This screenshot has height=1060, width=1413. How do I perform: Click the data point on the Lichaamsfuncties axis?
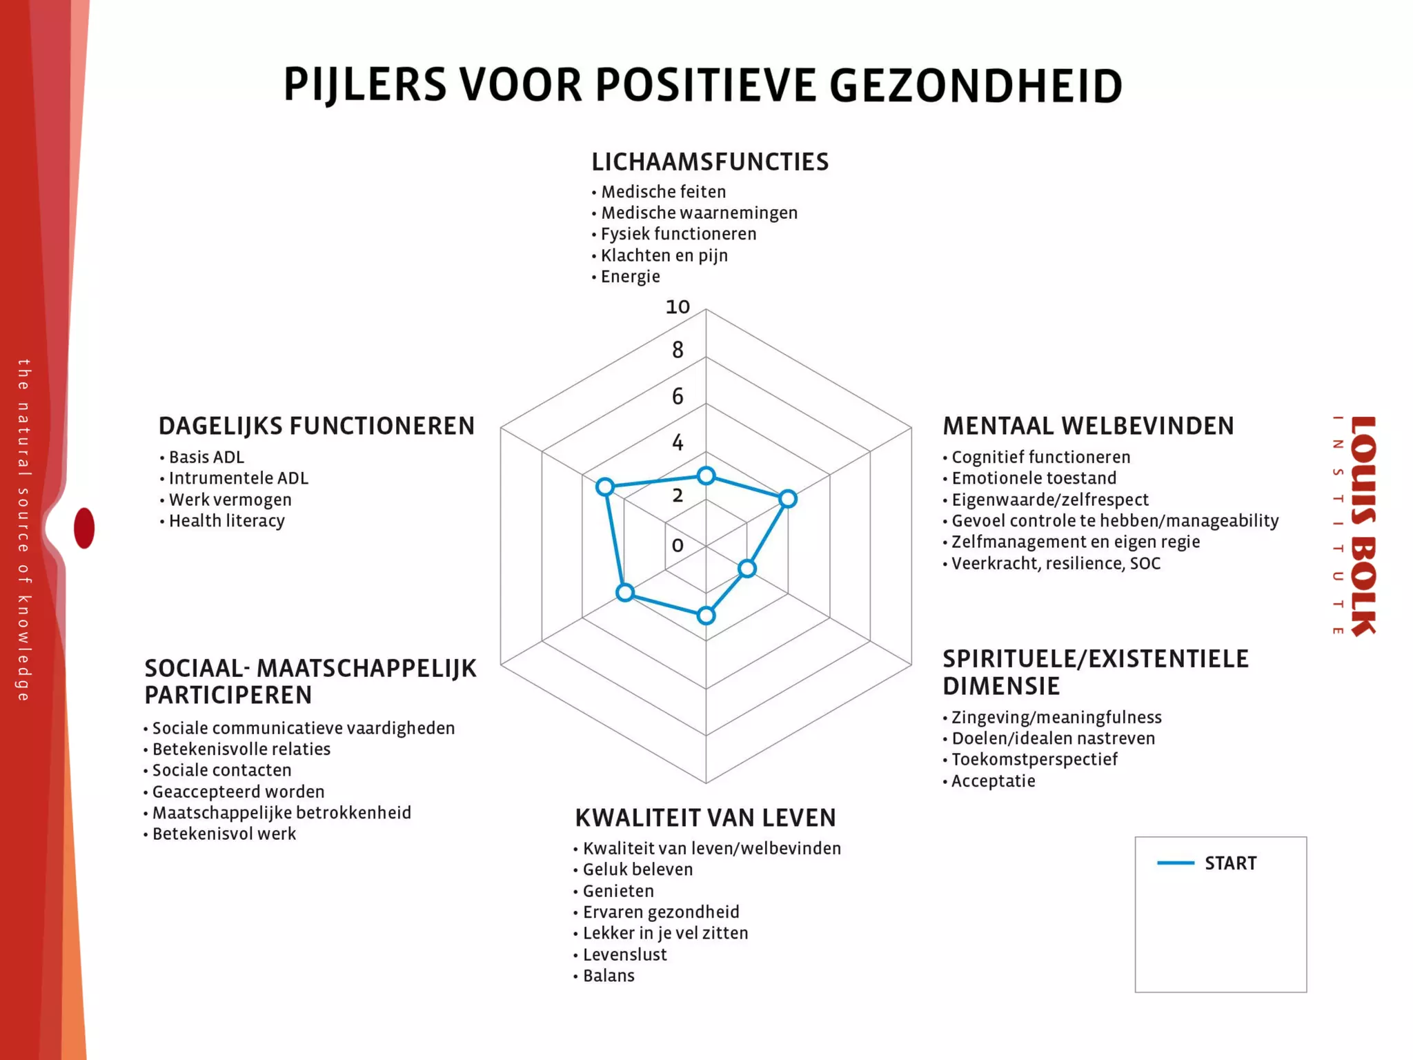tap(706, 475)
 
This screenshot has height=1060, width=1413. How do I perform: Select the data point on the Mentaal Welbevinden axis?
tap(787, 499)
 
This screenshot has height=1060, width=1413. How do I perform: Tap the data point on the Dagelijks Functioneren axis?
tap(605, 487)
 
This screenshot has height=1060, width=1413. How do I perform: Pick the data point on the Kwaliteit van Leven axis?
tap(706, 616)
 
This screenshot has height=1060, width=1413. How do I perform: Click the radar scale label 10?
tap(678, 307)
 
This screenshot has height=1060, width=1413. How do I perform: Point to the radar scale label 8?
tap(678, 351)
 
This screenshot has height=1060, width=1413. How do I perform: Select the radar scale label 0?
tap(678, 545)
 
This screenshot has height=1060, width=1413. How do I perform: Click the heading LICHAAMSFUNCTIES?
tap(710, 162)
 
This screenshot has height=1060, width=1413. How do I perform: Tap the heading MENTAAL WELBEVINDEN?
tap(1088, 426)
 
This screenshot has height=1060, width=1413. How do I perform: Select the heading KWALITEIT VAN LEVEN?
tap(705, 818)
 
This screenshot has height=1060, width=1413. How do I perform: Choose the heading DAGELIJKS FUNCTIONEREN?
tap(317, 426)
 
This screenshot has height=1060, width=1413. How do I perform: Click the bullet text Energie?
tap(630, 277)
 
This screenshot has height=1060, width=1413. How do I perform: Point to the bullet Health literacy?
tap(226, 521)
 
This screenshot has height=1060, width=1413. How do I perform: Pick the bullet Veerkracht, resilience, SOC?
tap(1056, 564)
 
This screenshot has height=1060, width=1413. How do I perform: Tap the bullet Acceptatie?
tap(993, 781)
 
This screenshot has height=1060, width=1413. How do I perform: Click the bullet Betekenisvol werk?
tap(224, 834)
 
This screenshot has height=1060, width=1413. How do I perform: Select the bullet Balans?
tap(608, 976)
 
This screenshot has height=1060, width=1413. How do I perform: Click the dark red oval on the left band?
tap(84, 528)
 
